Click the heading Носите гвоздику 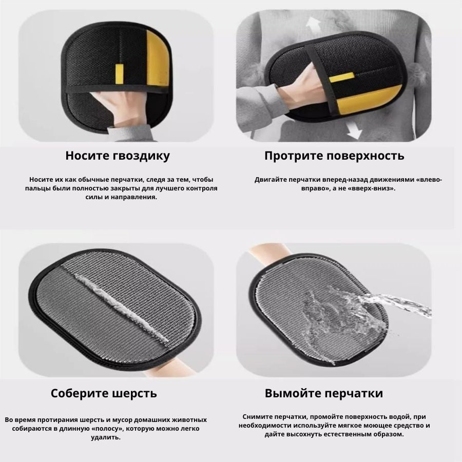[118, 156]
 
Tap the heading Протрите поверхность [334, 156]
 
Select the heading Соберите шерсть [104, 393]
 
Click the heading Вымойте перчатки [323, 393]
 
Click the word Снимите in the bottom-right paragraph [256, 417]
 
